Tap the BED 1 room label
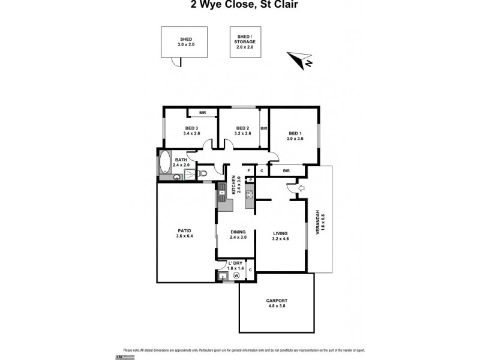(x=296, y=136)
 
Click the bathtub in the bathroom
(x=164, y=162)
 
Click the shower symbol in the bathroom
(x=190, y=174)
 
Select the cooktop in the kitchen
(x=249, y=194)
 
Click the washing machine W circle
(x=236, y=275)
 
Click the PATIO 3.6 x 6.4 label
(x=184, y=233)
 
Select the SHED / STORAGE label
(x=245, y=41)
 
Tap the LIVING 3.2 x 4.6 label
(x=280, y=236)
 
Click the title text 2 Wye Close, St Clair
(x=240, y=5)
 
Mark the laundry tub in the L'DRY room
(x=224, y=276)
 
